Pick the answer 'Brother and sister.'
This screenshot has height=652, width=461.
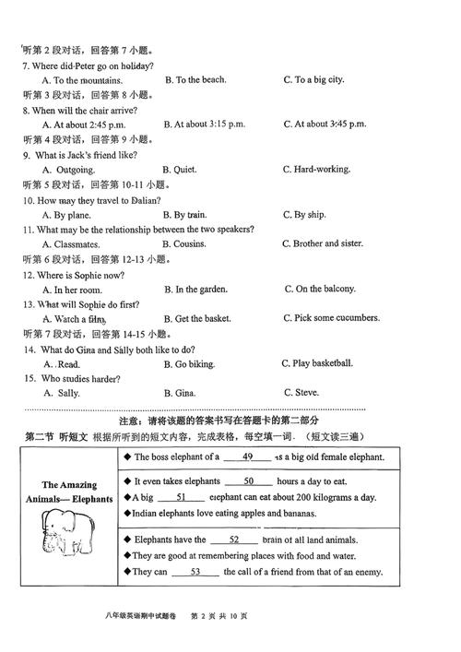327,243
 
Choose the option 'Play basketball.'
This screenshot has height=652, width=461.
323,363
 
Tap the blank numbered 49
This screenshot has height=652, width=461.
247,456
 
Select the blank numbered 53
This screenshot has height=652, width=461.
195,572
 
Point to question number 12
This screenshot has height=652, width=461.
29,275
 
